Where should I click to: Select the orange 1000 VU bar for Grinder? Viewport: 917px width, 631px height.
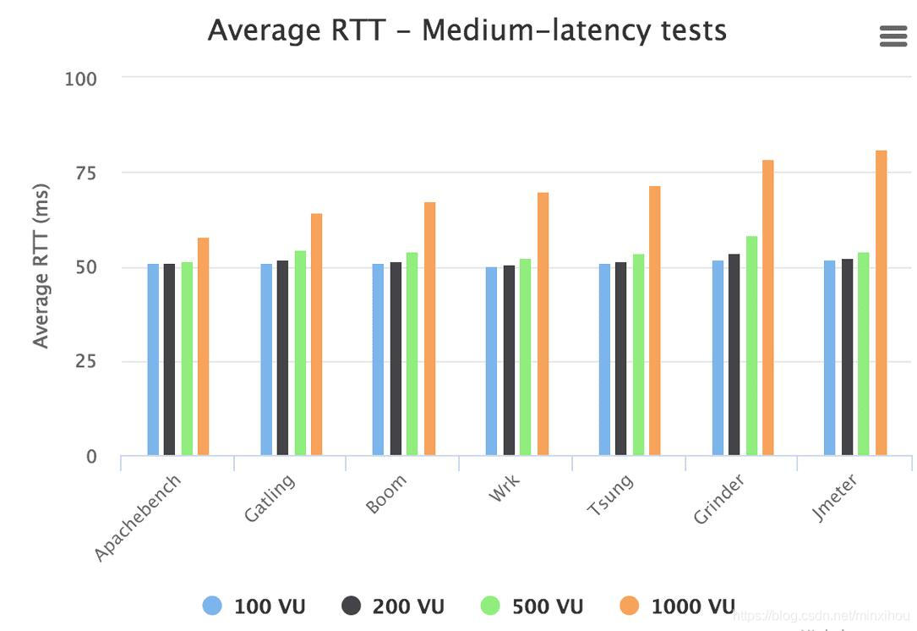767,308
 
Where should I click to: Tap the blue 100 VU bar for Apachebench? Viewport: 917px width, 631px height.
153,359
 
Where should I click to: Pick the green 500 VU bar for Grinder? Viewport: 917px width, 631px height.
751,346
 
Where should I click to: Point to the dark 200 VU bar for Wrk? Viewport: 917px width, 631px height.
509,360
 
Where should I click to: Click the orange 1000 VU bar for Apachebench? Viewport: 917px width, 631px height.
203,347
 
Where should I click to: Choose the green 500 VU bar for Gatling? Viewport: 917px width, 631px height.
300,353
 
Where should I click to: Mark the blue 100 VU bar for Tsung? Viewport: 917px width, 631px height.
604,359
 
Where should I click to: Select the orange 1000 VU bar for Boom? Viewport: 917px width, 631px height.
429,329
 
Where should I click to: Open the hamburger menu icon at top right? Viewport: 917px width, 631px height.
893,36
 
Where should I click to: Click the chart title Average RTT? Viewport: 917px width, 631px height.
467,30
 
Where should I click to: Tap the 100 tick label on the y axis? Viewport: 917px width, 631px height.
80,79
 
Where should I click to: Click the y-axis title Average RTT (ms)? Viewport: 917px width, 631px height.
41,266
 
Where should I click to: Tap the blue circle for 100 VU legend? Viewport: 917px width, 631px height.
213,606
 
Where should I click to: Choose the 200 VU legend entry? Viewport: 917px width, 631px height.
394,606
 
